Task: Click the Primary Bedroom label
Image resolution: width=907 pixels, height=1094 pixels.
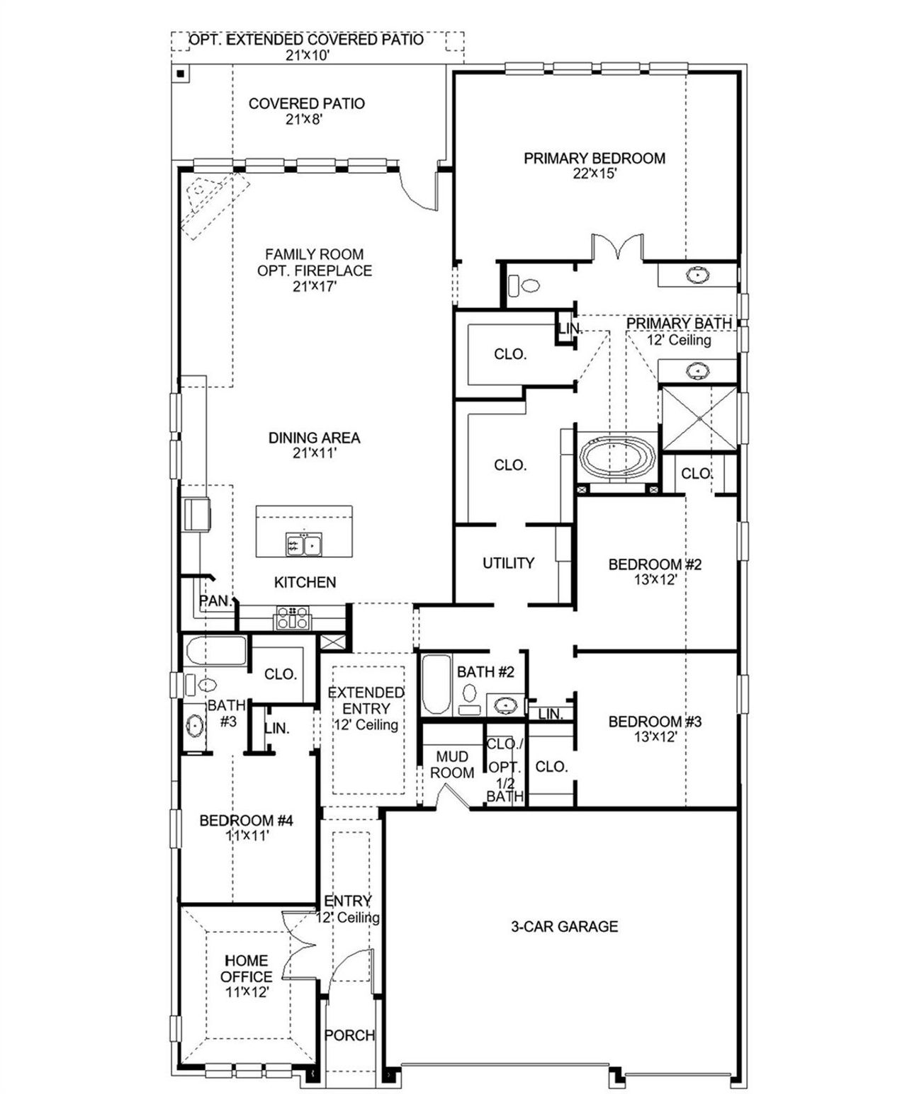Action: pos(594,159)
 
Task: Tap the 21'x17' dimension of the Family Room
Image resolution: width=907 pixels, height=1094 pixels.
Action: pos(314,287)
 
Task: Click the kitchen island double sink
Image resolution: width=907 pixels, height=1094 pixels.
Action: pos(304,545)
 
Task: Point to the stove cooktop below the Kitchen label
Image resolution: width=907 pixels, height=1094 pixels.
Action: pos(292,617)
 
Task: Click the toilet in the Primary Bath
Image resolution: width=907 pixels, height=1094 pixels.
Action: pos(524,286)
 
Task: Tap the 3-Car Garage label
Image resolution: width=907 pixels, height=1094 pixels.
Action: pos(564,926)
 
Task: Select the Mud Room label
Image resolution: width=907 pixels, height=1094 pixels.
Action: pos(452,765)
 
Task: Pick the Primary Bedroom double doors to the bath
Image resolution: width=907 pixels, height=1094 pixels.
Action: pos(617,247)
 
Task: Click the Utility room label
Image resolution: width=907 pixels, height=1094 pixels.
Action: pos(508,563)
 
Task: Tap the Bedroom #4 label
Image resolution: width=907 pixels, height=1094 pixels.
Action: pos(246,821)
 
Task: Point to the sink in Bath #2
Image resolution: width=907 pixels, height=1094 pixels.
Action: pos(505,705)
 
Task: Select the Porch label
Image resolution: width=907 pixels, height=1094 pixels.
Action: pos(349,1035)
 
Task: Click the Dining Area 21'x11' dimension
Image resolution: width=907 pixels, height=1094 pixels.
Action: pos(314,453)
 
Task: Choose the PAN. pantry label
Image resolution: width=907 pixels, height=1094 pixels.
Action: pos(215,601)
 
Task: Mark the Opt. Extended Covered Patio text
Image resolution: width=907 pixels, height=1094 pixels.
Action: pos(306,40)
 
